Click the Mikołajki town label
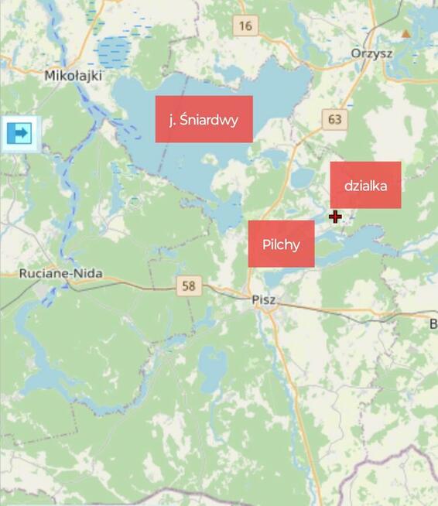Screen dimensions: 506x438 click(74, 76)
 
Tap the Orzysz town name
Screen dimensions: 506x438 click(371, 53)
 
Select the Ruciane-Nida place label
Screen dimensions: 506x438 click(60, 274)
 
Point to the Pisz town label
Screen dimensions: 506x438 click(264, 299)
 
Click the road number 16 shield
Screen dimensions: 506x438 click(245, 26)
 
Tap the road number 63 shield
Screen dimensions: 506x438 click(334, 119)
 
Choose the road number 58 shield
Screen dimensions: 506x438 click(187, 285)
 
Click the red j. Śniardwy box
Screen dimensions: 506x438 click(204, 119)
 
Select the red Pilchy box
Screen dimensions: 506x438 click(281, 244)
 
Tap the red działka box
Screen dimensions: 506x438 click(365, 185)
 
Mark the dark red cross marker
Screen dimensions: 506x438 click(335, 217)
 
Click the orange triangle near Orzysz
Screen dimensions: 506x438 click(405, 33)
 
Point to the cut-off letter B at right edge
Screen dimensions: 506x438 click(433, 323)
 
